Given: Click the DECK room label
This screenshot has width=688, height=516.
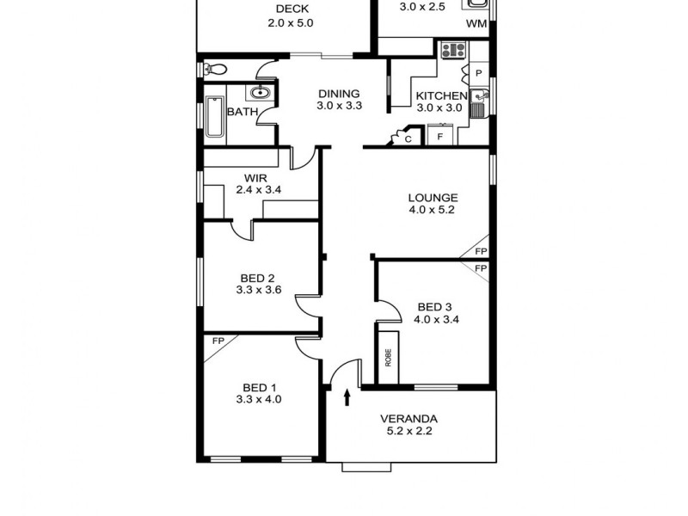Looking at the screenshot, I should (x=290, y=9).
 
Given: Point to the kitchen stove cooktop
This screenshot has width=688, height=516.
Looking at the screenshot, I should (x=451, y=51).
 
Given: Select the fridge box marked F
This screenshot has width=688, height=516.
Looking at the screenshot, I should (x=440, y=137).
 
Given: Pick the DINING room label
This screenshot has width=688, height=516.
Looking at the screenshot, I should (x=339, y=95).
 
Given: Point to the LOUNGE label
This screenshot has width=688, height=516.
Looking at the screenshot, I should (x=433, y=197).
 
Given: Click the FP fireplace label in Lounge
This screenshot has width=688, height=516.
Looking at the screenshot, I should (x=481, y=252).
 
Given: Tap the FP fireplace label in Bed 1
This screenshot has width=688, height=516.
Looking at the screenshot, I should (x=218, y=341).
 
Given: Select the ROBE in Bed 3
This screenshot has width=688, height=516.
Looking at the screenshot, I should (x=388, y=356).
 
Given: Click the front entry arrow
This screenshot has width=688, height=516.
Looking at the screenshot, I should (x=347, y=396).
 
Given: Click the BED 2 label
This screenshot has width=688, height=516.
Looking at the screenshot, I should (x=257, y=278).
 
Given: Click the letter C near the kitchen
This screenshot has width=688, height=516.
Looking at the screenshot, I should (x=408, y=138).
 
